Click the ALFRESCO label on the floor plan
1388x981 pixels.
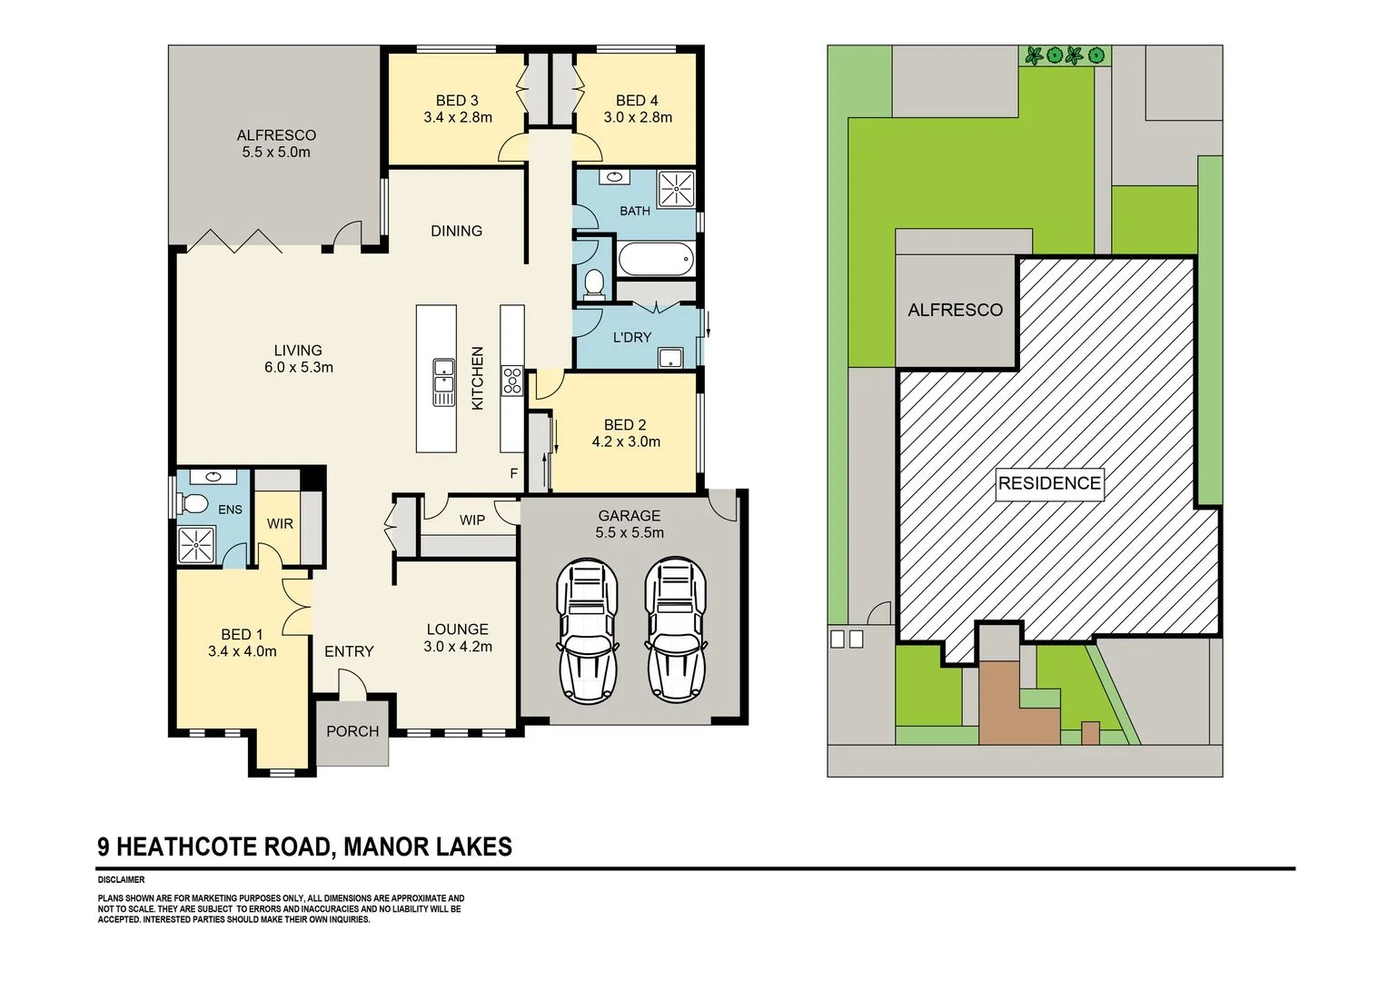click(x=276, y=135)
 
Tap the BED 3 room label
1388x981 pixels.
click(x=457, y=101)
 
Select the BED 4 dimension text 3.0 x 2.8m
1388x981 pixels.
click(x=638, y=117)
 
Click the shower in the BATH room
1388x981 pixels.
click(x=676, y=189)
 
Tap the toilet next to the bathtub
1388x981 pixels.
click(x=595, y=282)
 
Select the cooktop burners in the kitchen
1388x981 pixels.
click(x=511, y=379)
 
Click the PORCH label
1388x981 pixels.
click(x=352, y=730)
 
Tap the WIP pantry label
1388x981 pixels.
click(x=471, y=520)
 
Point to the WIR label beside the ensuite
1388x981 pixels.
click(x=280, y=524)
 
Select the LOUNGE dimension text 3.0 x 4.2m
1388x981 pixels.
click(x=458, y=647)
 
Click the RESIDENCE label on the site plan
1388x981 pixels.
click(x=1049, y=483)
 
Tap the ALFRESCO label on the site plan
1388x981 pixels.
click(x=955, y=310)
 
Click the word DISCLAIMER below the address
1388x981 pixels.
click(x=121, y=879)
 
